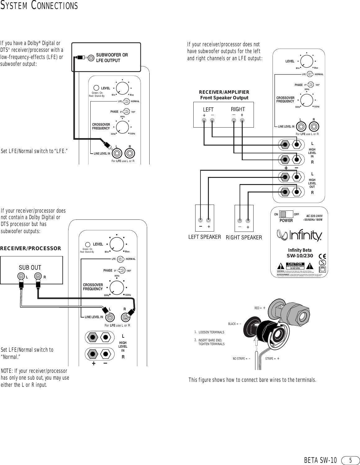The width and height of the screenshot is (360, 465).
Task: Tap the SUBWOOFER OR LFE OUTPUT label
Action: [112, 58]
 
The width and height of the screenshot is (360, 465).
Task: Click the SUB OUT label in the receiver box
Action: [30, 268]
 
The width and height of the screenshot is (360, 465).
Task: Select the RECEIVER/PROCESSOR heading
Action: [31, 248]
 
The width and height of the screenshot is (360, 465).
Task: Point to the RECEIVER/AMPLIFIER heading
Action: [224, 92]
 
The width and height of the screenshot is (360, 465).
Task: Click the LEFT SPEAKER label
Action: [205, 237]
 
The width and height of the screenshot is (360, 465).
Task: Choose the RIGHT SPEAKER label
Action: [244, 237]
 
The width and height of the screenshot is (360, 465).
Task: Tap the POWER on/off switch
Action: [286, 214]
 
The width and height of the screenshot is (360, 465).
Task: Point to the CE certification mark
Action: [322, 256]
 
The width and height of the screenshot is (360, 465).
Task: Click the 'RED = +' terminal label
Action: [260, 308]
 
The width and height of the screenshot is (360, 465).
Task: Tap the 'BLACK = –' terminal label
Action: [235, 324]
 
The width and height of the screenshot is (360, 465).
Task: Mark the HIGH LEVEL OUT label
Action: [312, 183]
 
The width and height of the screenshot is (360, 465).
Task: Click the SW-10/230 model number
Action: [299, 256]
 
